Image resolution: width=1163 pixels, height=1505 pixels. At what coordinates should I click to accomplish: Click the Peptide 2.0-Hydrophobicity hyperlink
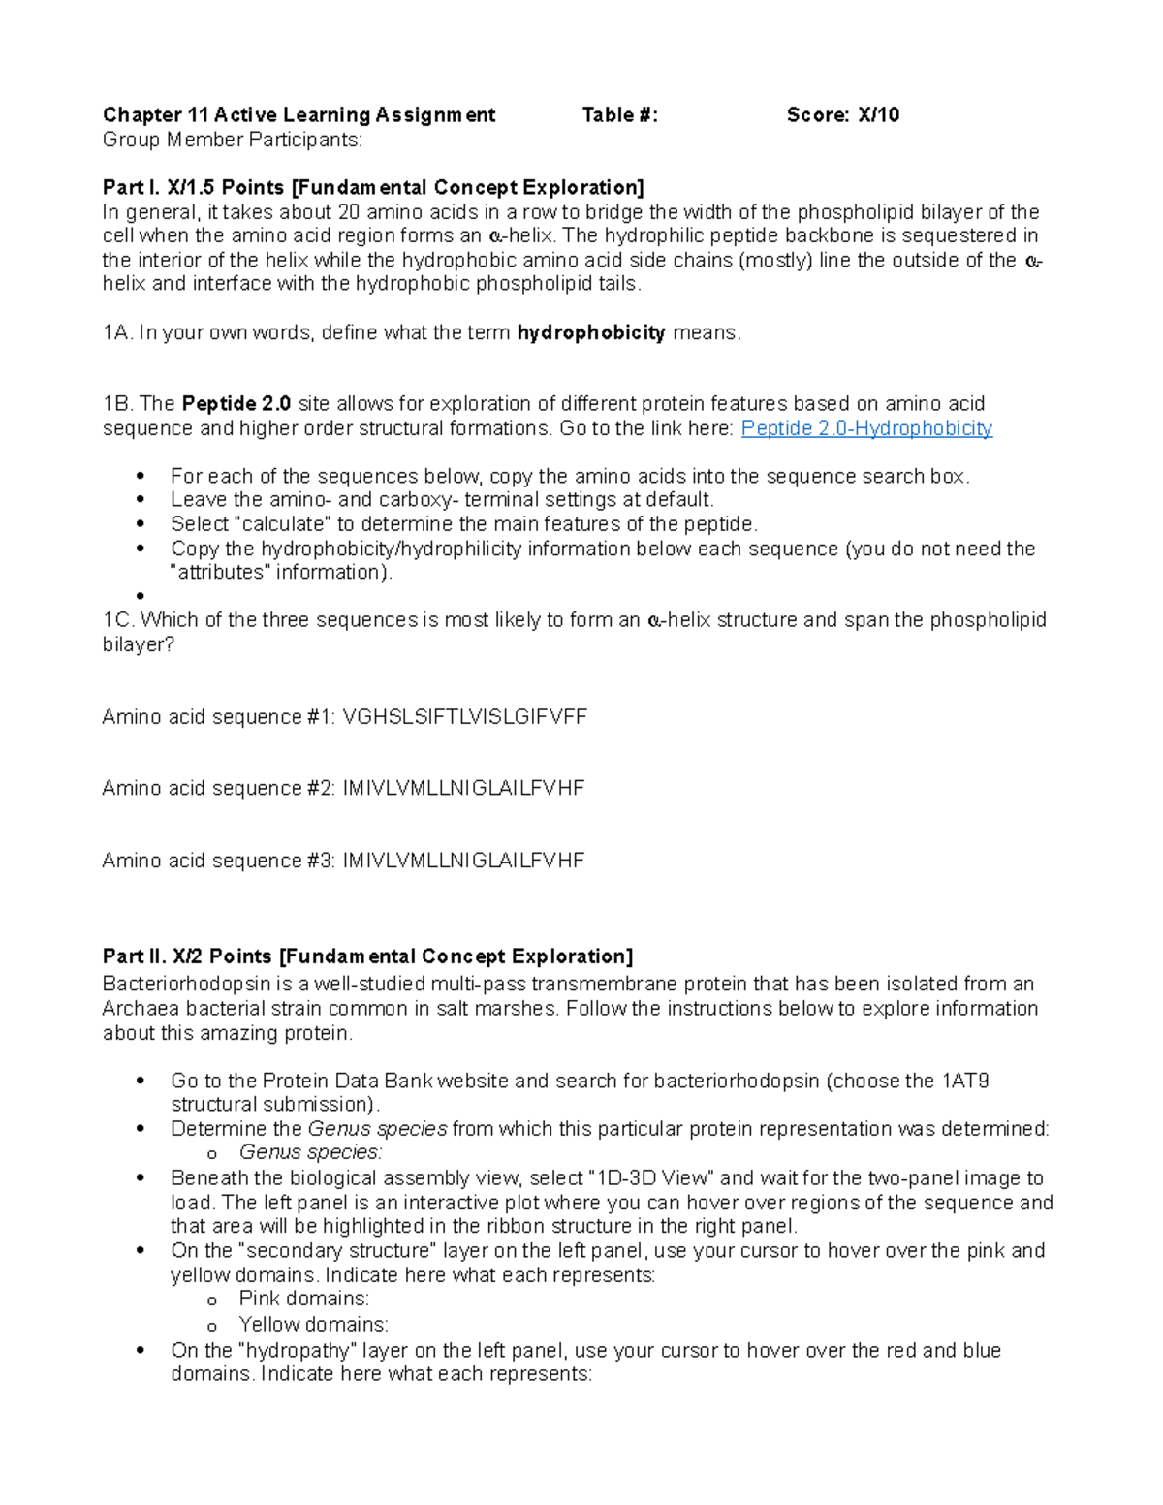865,428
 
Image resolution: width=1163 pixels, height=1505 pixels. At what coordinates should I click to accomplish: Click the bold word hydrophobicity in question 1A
590,333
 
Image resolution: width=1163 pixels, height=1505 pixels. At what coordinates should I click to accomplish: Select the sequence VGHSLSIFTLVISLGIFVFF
465,717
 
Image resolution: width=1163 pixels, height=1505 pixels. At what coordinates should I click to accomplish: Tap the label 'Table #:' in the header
619,115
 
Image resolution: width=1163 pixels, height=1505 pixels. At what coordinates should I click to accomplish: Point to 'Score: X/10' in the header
842,115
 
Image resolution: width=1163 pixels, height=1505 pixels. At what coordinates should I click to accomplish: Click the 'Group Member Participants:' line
233,140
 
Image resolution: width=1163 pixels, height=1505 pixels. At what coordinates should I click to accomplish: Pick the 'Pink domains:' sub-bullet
303,1299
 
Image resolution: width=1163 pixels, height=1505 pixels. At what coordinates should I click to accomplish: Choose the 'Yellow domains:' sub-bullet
313,1325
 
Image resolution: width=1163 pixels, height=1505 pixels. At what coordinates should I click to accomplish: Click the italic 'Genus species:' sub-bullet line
310,1152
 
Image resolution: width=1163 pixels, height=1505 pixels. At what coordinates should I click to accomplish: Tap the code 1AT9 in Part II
964,1081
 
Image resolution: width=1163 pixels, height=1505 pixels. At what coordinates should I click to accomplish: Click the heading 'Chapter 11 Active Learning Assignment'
299,115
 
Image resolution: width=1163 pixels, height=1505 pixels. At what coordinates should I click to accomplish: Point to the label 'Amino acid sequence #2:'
219,789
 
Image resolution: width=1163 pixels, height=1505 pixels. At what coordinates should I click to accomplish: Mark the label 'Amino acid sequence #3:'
219,861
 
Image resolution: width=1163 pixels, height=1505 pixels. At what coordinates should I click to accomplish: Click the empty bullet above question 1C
141,596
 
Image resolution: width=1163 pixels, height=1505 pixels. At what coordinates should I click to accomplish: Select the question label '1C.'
118,620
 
